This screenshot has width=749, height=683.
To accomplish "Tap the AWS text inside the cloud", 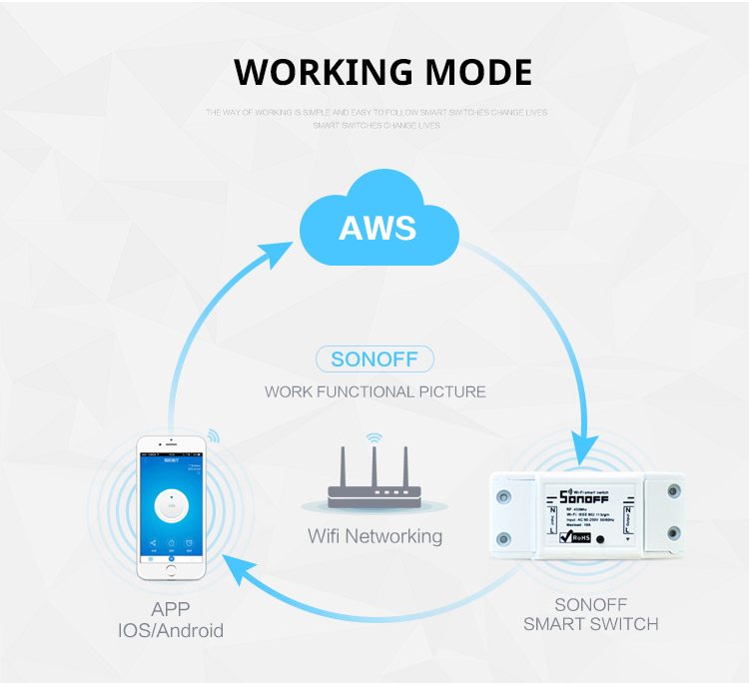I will tap(376, 227).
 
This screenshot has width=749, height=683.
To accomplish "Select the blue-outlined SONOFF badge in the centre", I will tap(374, 358).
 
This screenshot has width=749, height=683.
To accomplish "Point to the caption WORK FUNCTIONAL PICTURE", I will tap(374, 391).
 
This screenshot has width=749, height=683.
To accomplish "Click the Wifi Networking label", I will tap(374, 536).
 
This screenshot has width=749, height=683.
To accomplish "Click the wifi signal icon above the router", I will tap(374, 437).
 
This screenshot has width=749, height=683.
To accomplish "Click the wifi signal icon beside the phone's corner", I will tap(212, 436).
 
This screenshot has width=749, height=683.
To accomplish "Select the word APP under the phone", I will tap(170, 609).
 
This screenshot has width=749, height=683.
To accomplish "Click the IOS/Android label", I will tap(170, 630).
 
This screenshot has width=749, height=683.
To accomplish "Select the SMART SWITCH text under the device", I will tap(591, 624).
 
